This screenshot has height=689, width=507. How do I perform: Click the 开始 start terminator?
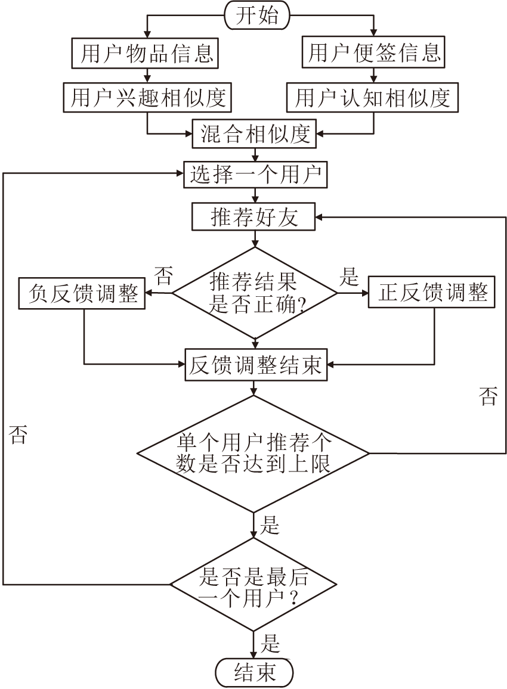click(x=256, y=15)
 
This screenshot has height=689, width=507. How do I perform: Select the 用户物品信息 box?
click(x=147, y=54)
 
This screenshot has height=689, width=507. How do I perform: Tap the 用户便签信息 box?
click(x=375, y=54)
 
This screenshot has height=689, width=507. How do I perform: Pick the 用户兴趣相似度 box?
click(x=147, y=97)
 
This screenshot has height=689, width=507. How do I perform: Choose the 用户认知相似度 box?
click(x=373, y=97)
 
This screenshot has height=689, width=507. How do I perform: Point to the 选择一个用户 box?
click(x=255, y=175)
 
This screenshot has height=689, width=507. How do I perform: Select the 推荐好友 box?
click(x=254, y=218)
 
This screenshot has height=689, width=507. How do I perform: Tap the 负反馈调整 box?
click(x=83, y=293)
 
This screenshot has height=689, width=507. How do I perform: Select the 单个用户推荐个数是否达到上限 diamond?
click(x=254, y=453)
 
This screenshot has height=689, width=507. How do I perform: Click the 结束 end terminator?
click(x=255, y=673)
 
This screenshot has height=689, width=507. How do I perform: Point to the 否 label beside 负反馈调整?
click(x=163, y=277)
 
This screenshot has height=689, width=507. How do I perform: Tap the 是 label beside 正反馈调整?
click(x=349, y=277)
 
